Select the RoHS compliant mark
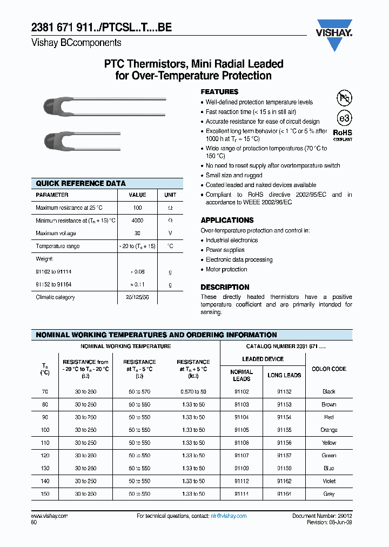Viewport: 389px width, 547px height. (343, 134)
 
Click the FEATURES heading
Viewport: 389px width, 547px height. (219, 92)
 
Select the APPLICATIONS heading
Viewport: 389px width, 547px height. (227, 220)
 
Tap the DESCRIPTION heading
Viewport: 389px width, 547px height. (225, 287)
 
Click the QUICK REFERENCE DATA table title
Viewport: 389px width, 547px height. (81, 183)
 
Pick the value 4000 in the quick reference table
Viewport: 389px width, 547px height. (137, 221)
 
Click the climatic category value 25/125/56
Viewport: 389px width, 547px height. (137, 297)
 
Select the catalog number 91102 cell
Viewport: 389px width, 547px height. (242, 391)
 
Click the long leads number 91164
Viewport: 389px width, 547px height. (284, 493)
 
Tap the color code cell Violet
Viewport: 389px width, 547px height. (328, 481)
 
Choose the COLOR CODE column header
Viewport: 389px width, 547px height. (328, 369)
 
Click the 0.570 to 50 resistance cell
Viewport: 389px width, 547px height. (193, 391)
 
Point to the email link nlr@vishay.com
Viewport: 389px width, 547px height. (229, 516)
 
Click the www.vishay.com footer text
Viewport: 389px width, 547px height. (50, 516)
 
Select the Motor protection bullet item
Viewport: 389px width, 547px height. (226, 269)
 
